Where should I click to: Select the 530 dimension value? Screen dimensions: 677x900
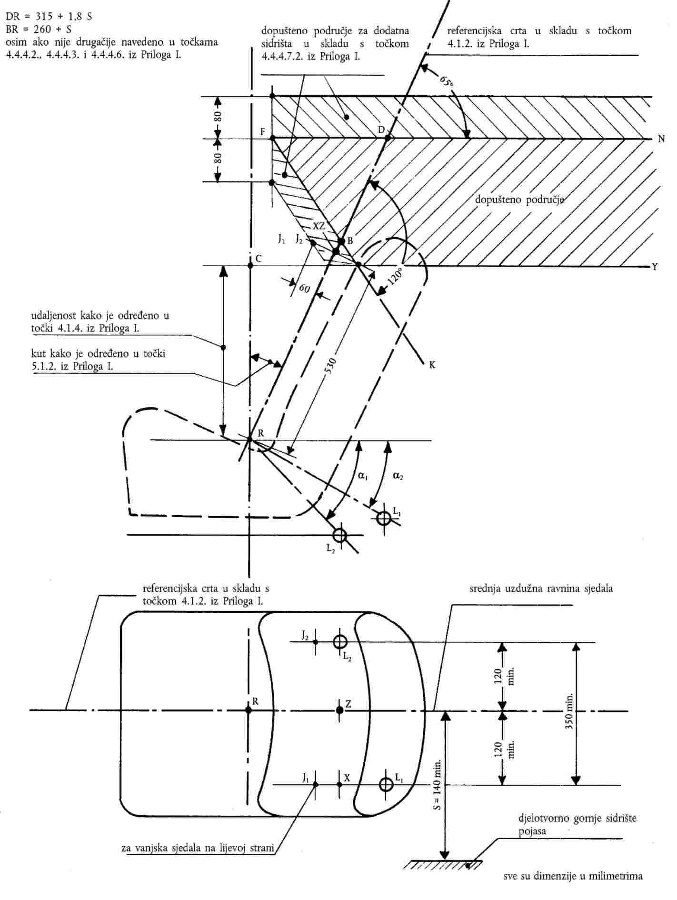tap(331, 366)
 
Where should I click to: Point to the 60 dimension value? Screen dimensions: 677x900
tap(305, 289)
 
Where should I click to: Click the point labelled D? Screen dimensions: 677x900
tap(388, 138)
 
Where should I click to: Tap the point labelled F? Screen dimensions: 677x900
tap(273, 138)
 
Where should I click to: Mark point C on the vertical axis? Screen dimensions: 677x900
tap(250, 265)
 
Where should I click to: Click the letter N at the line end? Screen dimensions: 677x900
tap(661, 139)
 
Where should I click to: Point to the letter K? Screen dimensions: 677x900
tap(432, 365)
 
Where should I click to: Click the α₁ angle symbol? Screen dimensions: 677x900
tap(363, 475)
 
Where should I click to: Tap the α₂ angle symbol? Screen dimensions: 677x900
tap(398, 475)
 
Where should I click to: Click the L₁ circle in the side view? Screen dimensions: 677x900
tap(384, 518)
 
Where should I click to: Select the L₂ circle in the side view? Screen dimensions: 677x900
tap(339, 535)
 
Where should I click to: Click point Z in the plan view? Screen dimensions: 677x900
tap(339, 710)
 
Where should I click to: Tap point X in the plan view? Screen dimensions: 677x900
tap(339, 784)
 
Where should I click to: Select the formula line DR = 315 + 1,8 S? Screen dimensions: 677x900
tap(49, 17)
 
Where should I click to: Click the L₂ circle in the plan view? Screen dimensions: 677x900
tap(339, 642)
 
